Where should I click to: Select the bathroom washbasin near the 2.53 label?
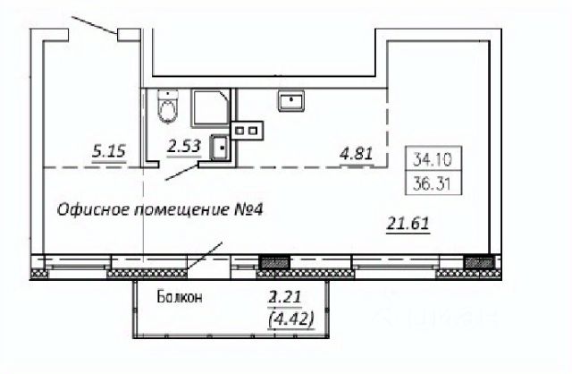(220, 148)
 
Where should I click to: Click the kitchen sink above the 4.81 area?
(291, 101)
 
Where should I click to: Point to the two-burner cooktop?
(247, 131)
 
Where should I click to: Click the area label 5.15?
(109, 151)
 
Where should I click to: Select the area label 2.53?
(184, 147)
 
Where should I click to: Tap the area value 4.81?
(356, 154)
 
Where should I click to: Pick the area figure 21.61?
(408, 223)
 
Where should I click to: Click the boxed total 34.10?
(433, 159)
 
